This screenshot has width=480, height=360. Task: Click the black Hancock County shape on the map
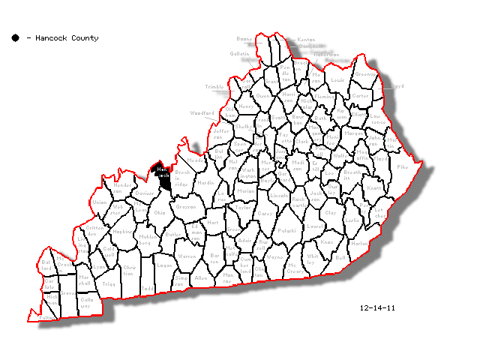pos(163,177)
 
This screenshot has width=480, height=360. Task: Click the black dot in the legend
pos(15,37)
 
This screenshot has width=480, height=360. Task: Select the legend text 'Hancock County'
pos(67,37)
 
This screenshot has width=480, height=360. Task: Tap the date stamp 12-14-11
pos(376,307)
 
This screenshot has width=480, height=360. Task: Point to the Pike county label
pos(402,166)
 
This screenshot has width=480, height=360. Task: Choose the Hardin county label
pos(205,181)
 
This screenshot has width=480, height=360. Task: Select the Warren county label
pos(186,256)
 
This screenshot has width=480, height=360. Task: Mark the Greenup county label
pos(365,74)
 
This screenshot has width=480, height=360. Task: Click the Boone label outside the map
pos(244,38)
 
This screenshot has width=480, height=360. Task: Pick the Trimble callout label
pos(214,87)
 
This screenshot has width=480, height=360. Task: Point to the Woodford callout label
pos(201,112)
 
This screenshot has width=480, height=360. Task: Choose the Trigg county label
pos(109,283)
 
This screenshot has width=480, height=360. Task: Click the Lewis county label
pos(337,79)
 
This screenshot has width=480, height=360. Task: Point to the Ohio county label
pos(160,212)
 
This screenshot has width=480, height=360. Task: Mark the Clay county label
pos(330,212)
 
